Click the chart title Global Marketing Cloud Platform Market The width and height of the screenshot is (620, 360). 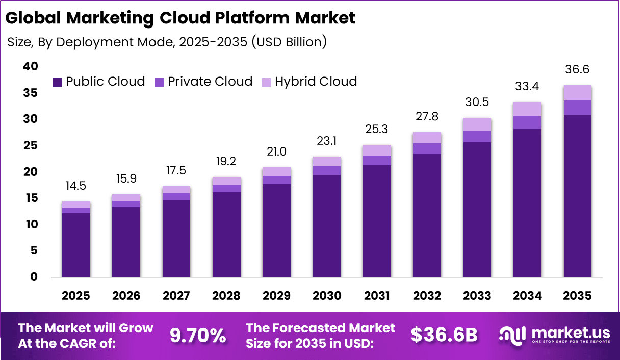[180, 18]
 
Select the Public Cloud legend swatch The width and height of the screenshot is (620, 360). [57, 82]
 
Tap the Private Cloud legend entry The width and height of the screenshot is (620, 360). [204, 82]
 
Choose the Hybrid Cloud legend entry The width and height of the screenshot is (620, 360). [310, 82]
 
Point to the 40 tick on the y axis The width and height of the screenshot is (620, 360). [30, 66]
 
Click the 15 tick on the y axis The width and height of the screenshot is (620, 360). [30, 198]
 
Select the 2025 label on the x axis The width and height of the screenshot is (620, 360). [76, 296]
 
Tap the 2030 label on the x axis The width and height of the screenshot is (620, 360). [327, 296]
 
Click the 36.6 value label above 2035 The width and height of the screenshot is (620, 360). [578, 70]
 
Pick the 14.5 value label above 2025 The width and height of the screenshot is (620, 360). [76, 186]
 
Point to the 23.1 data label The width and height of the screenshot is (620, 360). [327, 141]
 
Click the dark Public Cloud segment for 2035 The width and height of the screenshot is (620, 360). [578, 196]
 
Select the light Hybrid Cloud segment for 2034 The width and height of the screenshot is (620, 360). [527, 109]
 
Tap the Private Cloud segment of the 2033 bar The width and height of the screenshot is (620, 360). [477, 136]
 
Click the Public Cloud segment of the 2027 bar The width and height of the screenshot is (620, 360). [176, 239]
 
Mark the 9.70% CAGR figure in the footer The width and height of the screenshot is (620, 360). [197, 336]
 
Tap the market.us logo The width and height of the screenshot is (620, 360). [554, 335]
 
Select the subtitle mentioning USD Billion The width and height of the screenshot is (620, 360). [167, 42]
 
